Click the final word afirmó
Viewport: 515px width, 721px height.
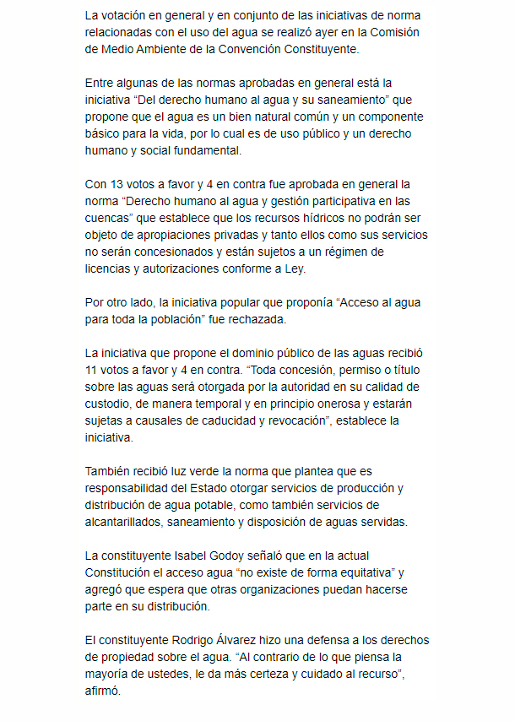[x=104, y=691]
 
